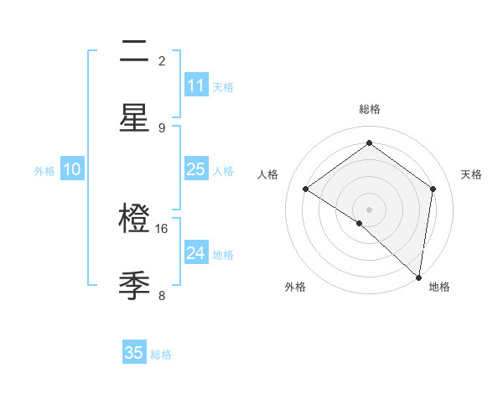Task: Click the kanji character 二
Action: tap(134, 53)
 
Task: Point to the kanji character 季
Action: tap(134, 285)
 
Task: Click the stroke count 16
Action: tap(162, 229)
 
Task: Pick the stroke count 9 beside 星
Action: tap(162, 127)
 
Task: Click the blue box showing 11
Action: tap(196, 86)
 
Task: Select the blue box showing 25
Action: tap(196, 169)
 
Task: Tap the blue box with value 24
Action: tap(196, 253)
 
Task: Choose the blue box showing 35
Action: tap(134, 353)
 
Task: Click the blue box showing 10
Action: tap(72, 169)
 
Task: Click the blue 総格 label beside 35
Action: tap(161, 355)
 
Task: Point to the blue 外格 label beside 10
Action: tap(44, 171)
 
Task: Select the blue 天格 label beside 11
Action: tap(222, 87)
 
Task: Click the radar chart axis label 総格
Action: tap(370, 109)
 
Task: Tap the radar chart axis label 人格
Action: tap(268, 174)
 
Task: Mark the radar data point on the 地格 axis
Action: tap(419, 277)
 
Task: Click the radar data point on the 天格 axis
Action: tap(433, 189)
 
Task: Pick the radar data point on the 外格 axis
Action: tap(360, 223)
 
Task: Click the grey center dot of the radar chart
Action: tap(370, 209)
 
